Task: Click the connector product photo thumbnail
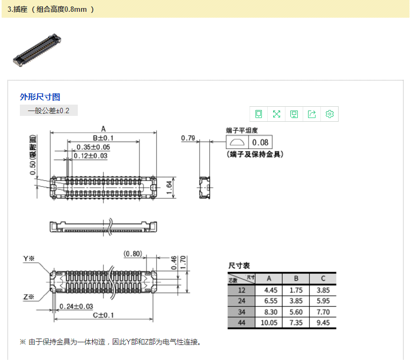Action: coord(37,49)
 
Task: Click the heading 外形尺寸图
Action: coord(40,97)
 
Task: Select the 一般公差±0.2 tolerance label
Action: coord(49,111)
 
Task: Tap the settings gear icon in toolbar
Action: coord(330,114)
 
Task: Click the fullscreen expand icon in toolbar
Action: coord(276,114)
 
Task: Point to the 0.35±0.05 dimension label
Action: coord(93,147)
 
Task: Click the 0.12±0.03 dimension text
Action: coord(90,156)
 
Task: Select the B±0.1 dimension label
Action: coord(103,138)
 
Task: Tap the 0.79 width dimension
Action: coord(188,138)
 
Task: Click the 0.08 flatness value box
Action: coord(260,142)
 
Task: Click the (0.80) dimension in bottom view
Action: coord(133,253)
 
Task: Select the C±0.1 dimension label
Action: coord(102,315)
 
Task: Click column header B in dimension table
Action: coord(296,278)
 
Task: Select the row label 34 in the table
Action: coord(241,312)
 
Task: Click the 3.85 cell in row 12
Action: coord(323,290)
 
